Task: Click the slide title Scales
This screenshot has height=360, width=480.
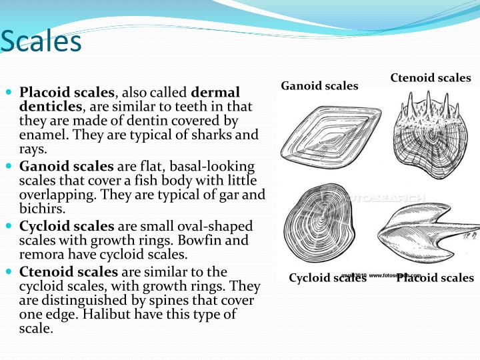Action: [41, 41]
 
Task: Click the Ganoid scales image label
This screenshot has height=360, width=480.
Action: [319, 86]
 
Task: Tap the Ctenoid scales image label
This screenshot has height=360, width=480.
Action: [430, 78]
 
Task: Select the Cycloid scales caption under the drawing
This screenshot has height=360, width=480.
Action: [327, 278]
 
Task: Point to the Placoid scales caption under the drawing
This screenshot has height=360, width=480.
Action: [435, 278]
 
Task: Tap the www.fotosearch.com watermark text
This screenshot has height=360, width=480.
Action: [395, 275]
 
